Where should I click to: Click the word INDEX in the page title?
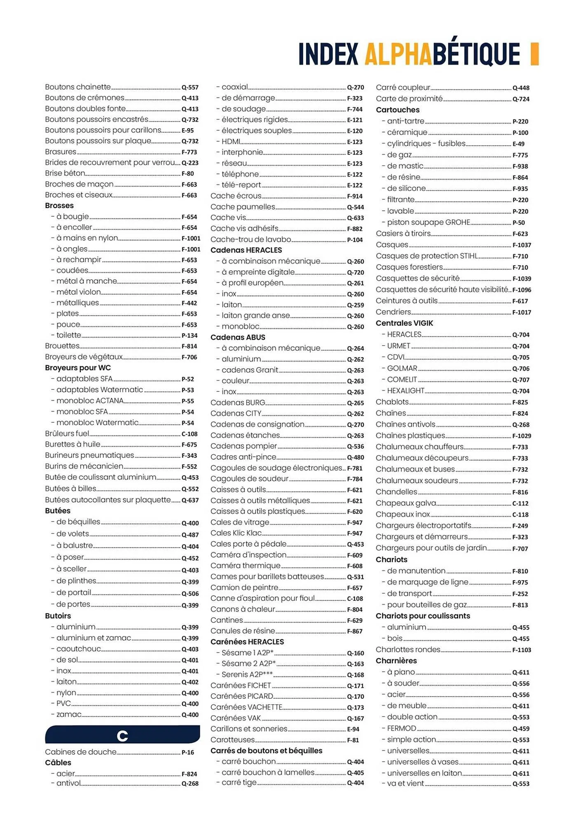(x=328, y=54)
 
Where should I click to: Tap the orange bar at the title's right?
(x=534, y=54)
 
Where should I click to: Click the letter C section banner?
(x=122, y=736)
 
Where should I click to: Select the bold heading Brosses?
(x=59, y=206)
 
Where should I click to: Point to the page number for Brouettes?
(x=190, y=346)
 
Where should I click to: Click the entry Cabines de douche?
(x=81, y=752)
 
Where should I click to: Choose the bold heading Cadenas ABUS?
(x=238, y=337)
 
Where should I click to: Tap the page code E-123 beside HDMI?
(x=355, y=142)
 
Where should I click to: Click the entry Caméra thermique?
(x=245, y=566)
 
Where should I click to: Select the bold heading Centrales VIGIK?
(x=404, y=323)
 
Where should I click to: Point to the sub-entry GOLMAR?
(x=402, y=368)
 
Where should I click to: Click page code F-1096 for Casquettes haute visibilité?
(x=522, y=290)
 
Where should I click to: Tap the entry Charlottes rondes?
(x=408, y=650)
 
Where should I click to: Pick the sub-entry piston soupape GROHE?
(x=428, y=222)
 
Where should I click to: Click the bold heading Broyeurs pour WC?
(x=78, y=368)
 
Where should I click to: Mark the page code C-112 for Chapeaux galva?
(x=520, y=503)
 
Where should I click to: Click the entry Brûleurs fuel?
(x=67, y=433)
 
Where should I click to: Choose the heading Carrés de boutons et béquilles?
(x=266, y=751)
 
